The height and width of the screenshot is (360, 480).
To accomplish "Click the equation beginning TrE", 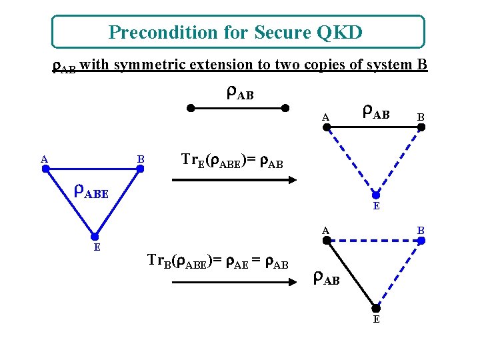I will (x=233, y=161).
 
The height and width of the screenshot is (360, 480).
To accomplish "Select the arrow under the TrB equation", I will (x=233, y=281).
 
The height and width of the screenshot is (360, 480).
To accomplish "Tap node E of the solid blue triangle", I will (x=95, y=236).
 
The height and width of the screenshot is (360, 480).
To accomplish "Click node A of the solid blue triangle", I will (x=45, y=169).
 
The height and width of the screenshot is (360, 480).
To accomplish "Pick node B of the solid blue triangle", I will (x=140, y=169).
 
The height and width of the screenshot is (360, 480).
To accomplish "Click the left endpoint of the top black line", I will (x=190, y=107).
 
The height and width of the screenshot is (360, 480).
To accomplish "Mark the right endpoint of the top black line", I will (x=285, y=107).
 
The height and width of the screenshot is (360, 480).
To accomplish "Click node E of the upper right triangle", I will (x=376, y=195).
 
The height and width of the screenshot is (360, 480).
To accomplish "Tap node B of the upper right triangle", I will (x=421, y=127).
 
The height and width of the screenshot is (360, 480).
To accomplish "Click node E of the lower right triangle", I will (x=376, y=308).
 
